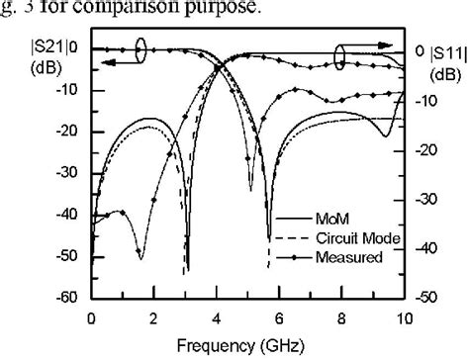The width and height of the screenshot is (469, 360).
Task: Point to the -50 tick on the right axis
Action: click(x=425, y=297)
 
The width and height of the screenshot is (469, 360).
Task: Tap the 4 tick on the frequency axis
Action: click(x=217, y=317)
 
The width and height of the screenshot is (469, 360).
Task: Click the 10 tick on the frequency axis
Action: click(x=405, y=317)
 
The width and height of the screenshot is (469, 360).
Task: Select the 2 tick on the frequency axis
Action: click(x=153, y=317)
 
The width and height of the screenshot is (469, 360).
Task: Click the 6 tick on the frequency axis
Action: click(x=279, y=317)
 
